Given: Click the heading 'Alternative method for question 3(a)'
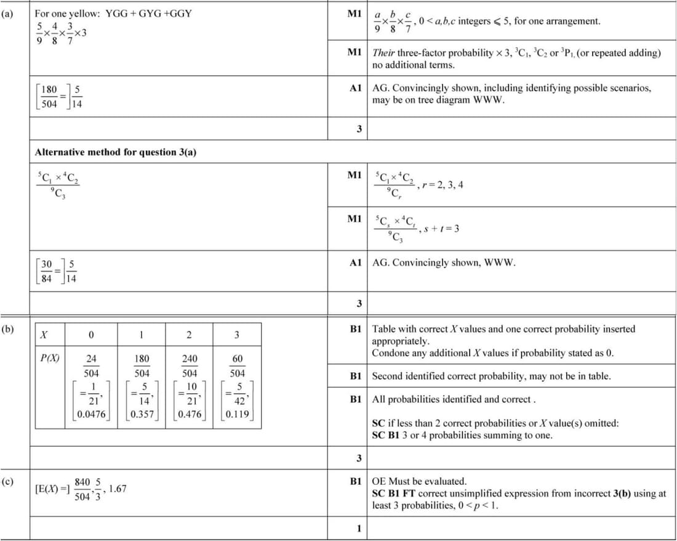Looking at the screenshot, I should (x=116, y=152).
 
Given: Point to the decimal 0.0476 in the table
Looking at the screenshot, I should (x=91, y=414).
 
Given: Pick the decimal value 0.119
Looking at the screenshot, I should (x=238, y=414).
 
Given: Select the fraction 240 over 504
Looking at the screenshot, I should (x=190, y=366).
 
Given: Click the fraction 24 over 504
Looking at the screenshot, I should (x=91, y=366).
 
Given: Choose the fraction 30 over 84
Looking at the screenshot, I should (x=47, y=269).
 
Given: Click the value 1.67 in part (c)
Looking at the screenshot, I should (x=117, y=489).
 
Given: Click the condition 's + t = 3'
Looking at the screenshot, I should (x=443, y=229).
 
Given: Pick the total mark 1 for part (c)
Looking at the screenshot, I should (x=359, y=528).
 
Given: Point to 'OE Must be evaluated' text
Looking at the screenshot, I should (x=420, y=481).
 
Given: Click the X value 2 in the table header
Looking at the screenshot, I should (x=190, y=335).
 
